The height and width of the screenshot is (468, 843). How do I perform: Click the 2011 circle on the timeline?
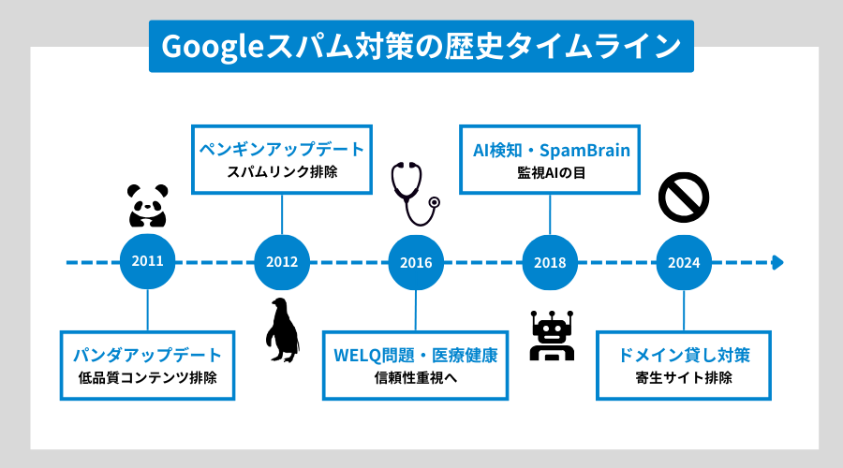[x=148, y=261]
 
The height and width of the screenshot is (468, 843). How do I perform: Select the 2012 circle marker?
[x=282, y=261]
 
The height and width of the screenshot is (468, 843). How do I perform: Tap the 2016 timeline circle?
[x=415, y=261]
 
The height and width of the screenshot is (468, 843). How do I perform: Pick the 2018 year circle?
[x=549, y=261]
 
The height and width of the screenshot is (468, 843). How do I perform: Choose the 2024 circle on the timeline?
[x=683, y=261]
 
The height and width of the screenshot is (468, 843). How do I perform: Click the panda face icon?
[x=147, y=205]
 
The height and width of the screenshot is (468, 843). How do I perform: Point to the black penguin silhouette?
[x=281, y=329]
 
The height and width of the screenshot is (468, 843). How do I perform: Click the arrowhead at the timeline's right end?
[x=776, y=262]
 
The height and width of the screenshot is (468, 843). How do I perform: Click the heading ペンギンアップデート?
[x=282, y=149]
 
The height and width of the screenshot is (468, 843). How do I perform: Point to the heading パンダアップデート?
[x=148, y=356]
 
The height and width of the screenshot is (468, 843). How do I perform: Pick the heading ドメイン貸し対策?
[x=683, y=356]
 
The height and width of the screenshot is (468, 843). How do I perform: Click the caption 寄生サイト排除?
[x=683, y=379]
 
